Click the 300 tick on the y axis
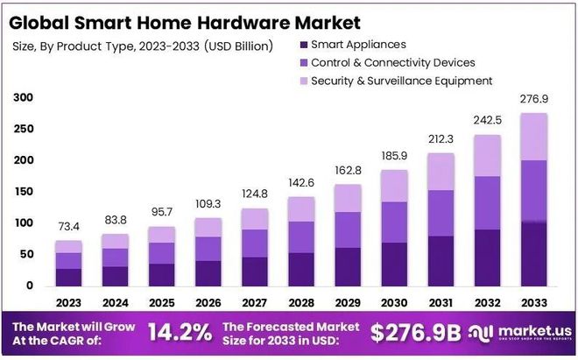pos(24,98)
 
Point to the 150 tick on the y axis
pos(24,192)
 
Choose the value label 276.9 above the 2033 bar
pos(534,100)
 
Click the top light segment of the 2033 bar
pos(534,137)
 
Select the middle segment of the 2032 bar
pos(488,203)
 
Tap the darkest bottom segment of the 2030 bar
pos(394,264)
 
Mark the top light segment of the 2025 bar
pos(162,235)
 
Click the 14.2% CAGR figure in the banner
pos(179,332)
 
